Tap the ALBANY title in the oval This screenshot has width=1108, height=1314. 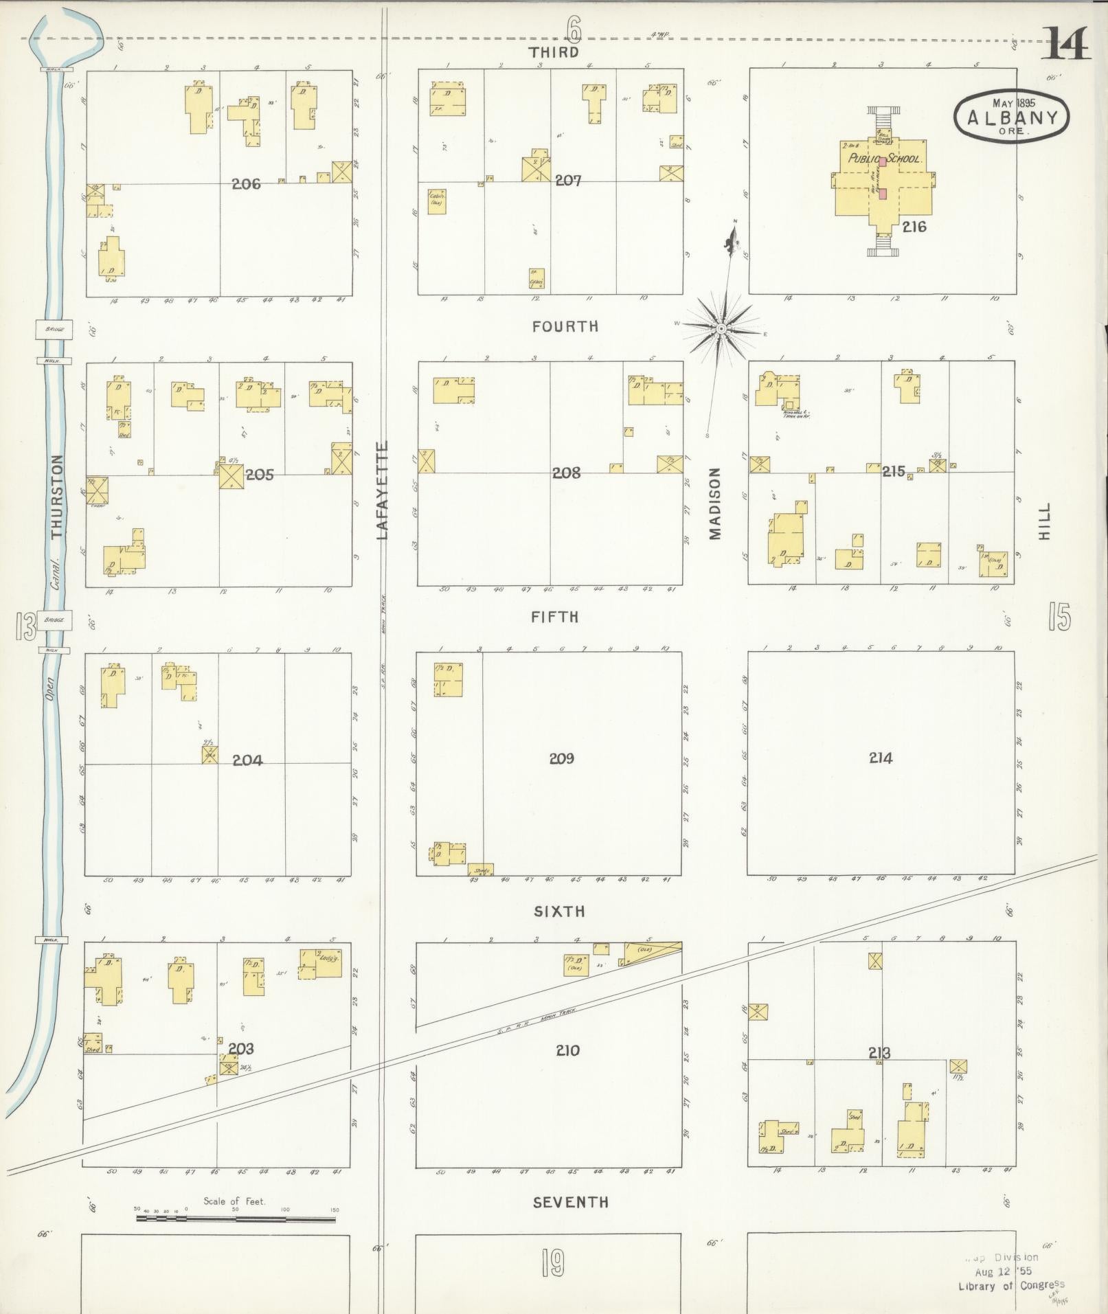1011,117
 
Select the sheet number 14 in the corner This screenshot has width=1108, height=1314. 1067,45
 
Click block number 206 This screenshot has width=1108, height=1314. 246,184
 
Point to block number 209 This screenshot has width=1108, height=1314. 561,758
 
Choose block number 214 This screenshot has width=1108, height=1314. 880,758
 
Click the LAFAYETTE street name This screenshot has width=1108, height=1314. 383,490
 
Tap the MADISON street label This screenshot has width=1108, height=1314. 715,503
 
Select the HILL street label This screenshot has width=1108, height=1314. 1044,521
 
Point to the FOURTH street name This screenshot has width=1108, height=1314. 565,326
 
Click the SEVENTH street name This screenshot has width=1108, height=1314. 570,1202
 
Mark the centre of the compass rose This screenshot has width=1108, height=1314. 721,329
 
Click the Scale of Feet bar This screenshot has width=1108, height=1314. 236,1219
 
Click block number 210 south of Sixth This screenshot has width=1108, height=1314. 567,1050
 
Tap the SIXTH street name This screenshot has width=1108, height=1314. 560,911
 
